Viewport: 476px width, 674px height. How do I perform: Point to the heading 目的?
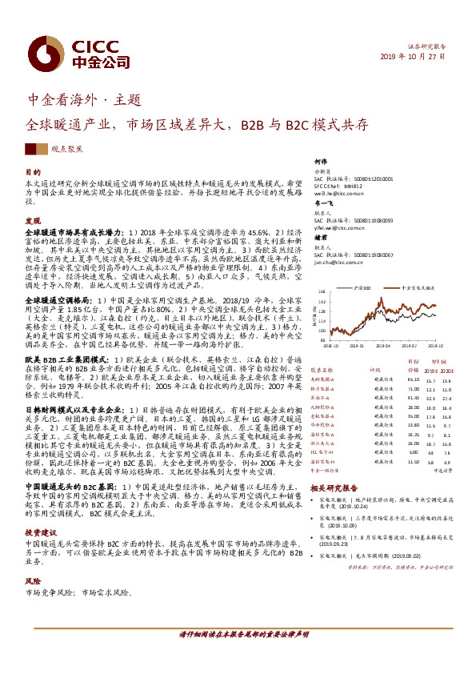[x=32, y=172]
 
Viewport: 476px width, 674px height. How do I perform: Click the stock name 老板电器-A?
[x=325, y=416]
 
